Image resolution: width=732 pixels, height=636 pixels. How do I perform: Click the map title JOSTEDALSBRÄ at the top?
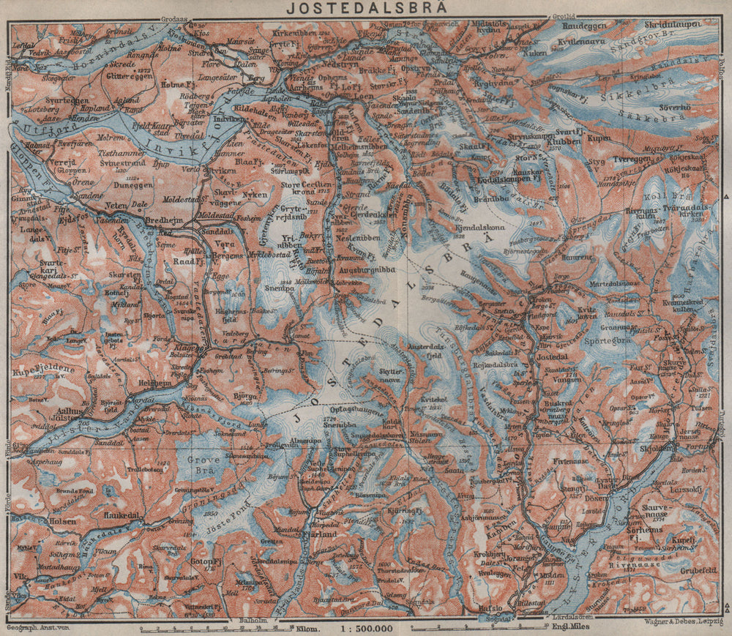367,8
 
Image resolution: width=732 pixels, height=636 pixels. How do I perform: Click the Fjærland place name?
318,535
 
